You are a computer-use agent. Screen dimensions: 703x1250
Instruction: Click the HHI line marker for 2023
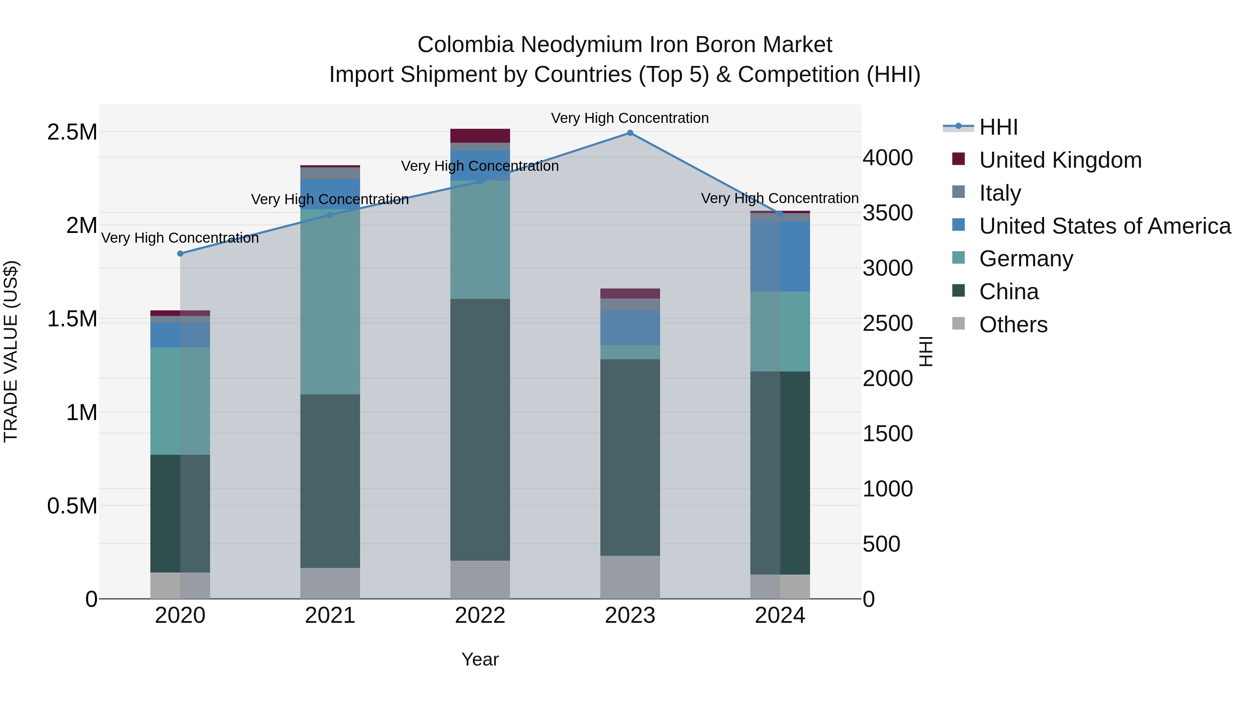tap(630, 133)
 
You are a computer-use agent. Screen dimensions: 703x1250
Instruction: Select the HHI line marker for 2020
tap(180, 253)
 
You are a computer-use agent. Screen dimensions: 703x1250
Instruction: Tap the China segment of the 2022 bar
tap(480, 429)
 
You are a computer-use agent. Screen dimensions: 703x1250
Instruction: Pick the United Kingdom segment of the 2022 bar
tap(480, 135)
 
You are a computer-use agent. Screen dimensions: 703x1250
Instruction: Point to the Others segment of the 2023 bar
tap(630, 577)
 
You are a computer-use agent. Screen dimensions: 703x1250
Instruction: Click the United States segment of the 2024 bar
tap(780, 256)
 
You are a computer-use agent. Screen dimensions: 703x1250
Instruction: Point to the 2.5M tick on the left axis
tap(72, 132)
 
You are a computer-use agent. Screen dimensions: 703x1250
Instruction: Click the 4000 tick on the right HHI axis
tap(887, 158)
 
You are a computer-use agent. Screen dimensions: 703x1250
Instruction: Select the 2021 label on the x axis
tap(330, 616)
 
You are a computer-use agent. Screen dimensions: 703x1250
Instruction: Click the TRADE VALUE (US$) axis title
tap(11, 351)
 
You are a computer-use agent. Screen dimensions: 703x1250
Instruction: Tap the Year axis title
tap(480, 659)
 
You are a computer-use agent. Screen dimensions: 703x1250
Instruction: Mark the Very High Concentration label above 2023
tap(630, 118)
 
